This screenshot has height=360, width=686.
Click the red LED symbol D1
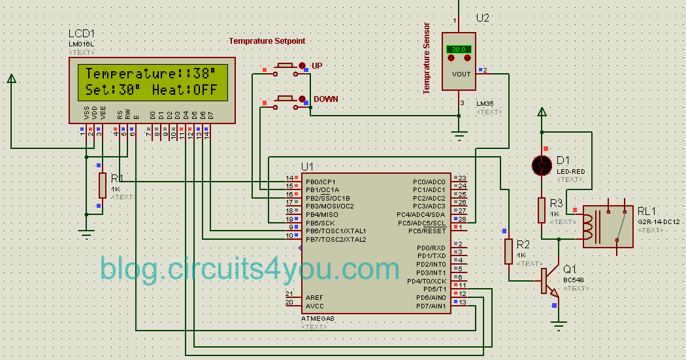(x=542, y=166)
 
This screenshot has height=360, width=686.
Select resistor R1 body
(x=103, y=185)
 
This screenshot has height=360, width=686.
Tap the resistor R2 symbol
(x=509, y=252)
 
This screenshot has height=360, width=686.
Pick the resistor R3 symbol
(x=542, y=210)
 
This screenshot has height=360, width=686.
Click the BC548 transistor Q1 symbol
(x=547, y=280)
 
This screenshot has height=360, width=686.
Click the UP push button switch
(x=286, y=66)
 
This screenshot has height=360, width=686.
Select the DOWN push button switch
(x=286, y=99)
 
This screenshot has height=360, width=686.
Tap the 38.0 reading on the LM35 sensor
(x=459, y=50)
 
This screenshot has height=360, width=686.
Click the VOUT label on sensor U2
(x=461, y=74)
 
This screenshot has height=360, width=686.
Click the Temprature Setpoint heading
(x=267, y=41)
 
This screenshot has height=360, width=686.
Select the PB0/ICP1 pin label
(x=320, y=182)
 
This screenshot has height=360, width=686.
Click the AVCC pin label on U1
(x=314, y=306)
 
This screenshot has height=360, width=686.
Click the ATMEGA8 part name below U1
(x=317, y=319)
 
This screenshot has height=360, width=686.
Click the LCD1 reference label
(x=82, y=34)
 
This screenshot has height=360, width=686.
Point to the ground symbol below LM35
(x=460, y=137)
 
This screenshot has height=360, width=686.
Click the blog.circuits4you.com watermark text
(x=250, y=269)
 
